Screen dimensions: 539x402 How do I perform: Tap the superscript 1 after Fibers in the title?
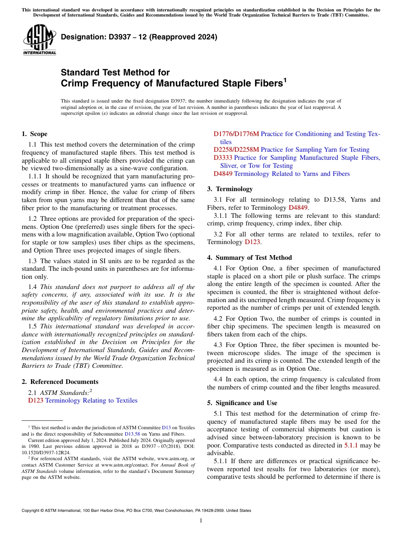(x=285, y=80)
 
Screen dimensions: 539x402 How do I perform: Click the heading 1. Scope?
(x=34, y=134)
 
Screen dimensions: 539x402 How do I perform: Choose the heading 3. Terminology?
(x=230, y=189)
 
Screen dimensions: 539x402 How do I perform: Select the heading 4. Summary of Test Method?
(x=249, y=258)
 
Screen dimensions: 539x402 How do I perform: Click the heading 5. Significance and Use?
(x=242, y=403)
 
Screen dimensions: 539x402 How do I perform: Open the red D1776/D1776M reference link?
(x=236, y=134)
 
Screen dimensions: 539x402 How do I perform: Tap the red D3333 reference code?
(x=223, y=158)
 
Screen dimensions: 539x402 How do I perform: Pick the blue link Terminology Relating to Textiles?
(x=91, y=400)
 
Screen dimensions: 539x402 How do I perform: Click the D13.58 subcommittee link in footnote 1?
(x=132, y=434)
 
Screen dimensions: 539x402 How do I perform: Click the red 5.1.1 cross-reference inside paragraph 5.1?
(x=351, y=445)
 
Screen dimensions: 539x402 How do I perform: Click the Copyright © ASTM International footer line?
(x=136, y=511)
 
